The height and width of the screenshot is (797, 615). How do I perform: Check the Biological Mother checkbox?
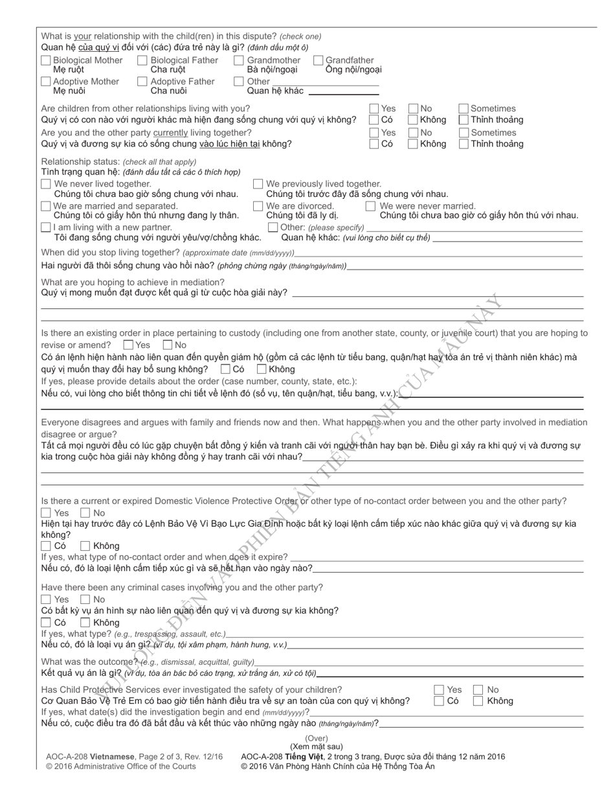(46, 60)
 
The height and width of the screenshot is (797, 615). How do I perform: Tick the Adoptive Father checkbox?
(142, 82)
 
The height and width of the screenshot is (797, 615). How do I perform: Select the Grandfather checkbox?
(318, 60)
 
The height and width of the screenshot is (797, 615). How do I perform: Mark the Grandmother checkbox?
(239, 60)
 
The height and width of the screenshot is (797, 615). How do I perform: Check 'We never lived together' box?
(46, 184)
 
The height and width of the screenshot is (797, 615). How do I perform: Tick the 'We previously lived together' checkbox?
(258, 184)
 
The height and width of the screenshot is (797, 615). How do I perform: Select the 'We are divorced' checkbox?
(258, 206)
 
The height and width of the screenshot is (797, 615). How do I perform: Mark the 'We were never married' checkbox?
(370, 206)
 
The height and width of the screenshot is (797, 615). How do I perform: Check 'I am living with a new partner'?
(46, 227)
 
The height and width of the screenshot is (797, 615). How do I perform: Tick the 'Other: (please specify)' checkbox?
(273, 227)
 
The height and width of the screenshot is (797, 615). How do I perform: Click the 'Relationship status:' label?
(80, 161)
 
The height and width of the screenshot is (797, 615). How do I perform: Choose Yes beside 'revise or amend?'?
(128, 345)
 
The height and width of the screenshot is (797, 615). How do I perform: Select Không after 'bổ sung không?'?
(262, 369)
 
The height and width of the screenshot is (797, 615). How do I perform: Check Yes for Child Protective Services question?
(439, 690)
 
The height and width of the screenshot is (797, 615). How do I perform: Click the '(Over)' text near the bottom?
(317, 739)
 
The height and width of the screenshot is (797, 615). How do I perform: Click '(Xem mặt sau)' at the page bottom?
(317, 747)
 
